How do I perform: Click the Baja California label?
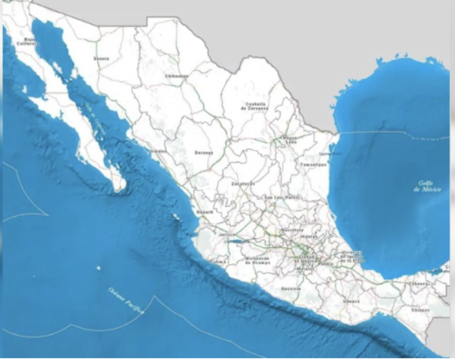tap(26, 42)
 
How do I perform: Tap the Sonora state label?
tap(101, 59)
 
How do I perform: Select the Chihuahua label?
tap(176, 77)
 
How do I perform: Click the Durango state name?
tap(203, 152)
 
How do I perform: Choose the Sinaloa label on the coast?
tap(158, 151)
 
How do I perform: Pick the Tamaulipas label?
tap(313, 164)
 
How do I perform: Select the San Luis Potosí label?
tap(279, 197)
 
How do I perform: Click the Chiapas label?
tap(420, 309)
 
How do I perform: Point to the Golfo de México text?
tap(426, 187)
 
